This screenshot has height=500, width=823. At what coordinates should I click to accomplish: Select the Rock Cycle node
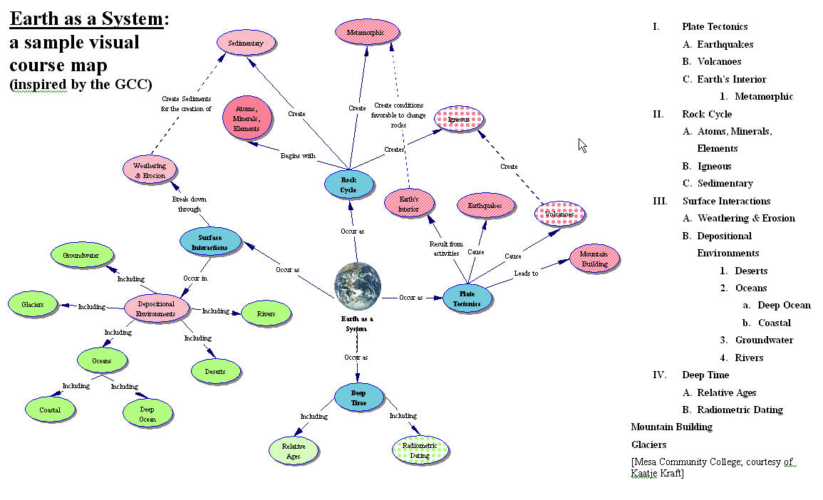pos(348,184)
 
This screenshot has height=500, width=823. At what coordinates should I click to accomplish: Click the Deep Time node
pos(358,397)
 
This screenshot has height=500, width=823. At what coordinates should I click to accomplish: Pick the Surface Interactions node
pos(209,242)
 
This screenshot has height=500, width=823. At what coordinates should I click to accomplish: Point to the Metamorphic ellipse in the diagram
pos(367,33)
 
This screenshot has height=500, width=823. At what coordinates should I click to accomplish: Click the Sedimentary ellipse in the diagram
pos(246,43)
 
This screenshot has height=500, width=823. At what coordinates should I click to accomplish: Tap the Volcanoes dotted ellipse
pos(559,214)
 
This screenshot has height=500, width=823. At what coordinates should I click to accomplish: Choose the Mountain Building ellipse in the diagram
pos(594,259)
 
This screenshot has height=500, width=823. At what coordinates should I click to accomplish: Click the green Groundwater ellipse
pos(81,255)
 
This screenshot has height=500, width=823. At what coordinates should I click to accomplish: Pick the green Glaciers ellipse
pos(33,304)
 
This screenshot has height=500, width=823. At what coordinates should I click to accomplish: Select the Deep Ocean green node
pos(147,414)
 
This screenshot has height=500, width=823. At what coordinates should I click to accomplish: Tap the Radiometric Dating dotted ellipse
pos(420,450)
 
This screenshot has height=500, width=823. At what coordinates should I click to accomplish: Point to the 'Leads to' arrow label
pos(526,273)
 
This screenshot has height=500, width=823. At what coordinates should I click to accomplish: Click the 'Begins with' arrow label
pos(298,155)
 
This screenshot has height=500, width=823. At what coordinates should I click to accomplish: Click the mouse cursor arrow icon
pos(582,145)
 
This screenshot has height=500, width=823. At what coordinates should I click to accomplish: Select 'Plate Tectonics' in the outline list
pos(715,26)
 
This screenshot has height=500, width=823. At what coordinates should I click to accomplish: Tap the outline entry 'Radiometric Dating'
pos(740,410)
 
